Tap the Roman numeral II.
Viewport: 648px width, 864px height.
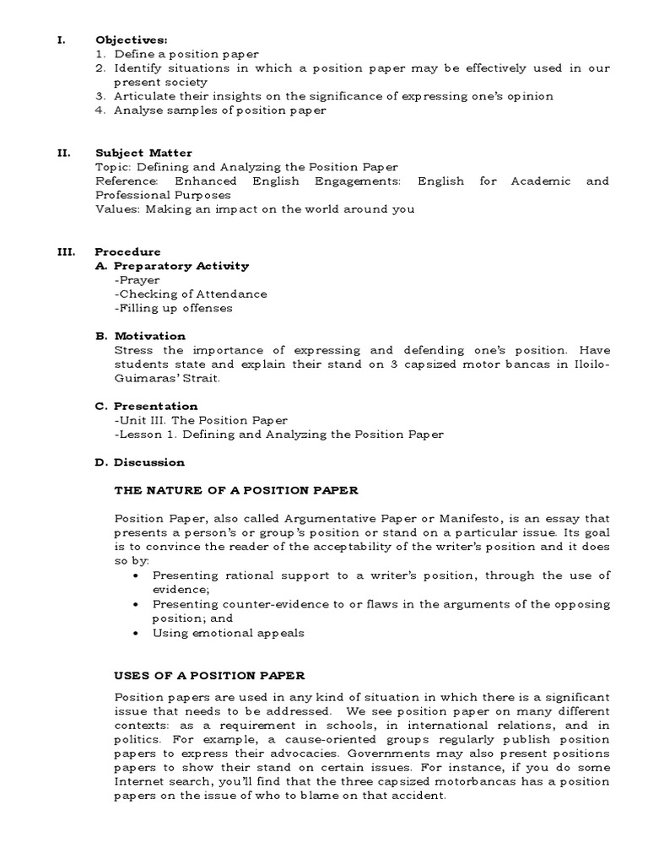tap(62, 153)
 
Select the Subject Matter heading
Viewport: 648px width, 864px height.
tap(143, 153)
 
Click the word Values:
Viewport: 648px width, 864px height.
tap(117, 209)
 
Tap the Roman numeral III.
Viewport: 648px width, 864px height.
tap(65, 251)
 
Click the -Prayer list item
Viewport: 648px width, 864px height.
tap(137, 280)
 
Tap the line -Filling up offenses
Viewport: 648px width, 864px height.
tap(174, 308)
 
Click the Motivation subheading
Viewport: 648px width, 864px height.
tap(149, 336)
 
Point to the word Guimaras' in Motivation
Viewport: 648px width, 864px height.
tap(146, 378)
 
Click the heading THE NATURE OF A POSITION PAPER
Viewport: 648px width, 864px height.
tap(236, 490)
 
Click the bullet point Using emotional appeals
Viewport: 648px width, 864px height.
tap(228, 633)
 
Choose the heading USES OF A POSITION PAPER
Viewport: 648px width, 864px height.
tap(209, 676)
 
